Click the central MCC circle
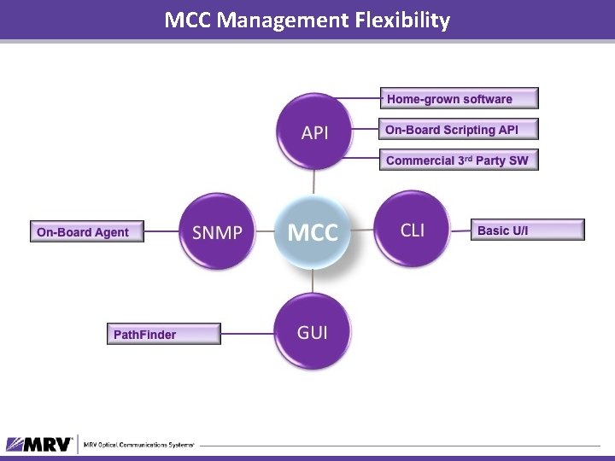coord(313,232)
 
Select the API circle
coord(314,132)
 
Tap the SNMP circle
coord(217,232)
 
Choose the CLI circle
coord(412,230)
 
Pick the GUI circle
coord(313,332)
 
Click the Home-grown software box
coord(460,99)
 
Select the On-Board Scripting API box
coord(460,130)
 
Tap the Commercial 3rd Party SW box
coord(460,160)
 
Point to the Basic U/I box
coord(528,230)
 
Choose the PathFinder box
coord(162,335)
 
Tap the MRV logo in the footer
coord(40,444)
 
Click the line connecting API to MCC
coord(314,181)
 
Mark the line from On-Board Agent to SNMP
coord(160,230)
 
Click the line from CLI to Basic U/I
coord(460,229)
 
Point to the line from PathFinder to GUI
coord(247,334)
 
